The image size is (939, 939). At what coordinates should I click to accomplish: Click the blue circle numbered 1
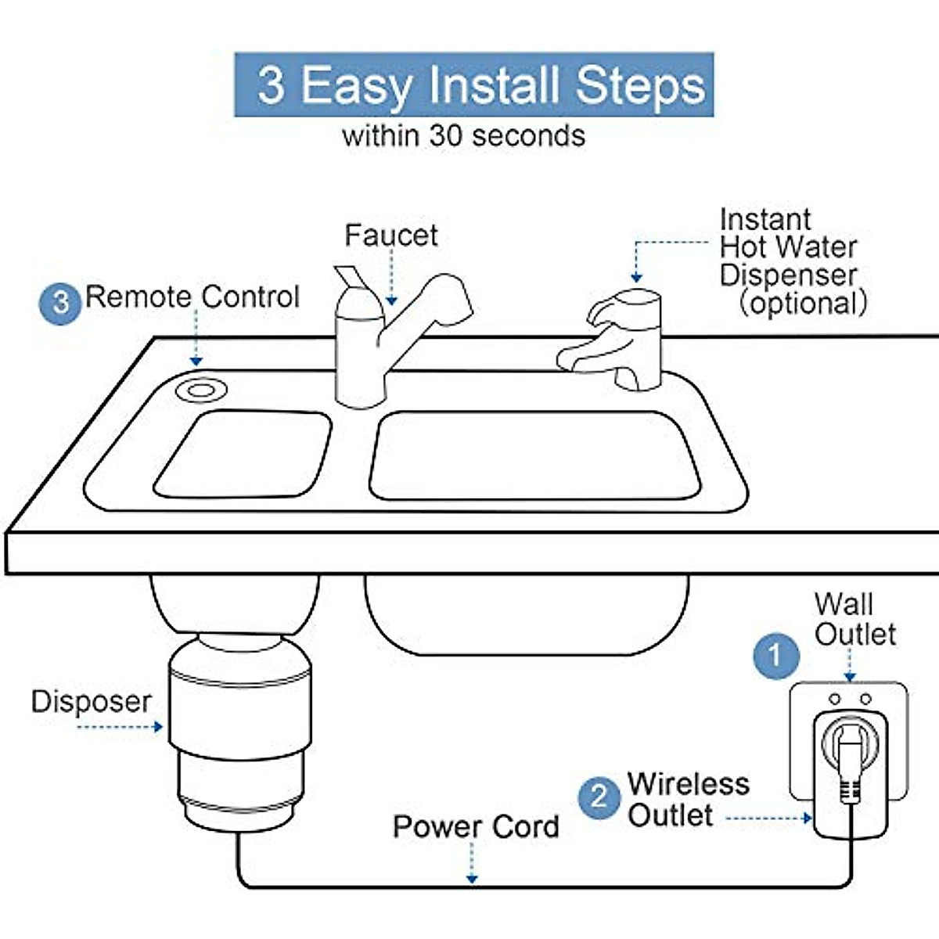775,655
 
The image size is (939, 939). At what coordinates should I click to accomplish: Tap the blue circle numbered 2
599,797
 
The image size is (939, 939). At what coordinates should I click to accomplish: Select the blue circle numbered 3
60,303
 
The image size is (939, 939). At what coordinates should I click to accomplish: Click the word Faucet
390,236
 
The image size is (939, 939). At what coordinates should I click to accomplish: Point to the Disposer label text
91,701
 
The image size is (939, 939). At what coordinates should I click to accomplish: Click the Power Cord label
476,827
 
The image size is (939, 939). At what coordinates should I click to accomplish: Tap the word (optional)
803,303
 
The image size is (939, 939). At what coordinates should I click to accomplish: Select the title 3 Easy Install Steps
474,85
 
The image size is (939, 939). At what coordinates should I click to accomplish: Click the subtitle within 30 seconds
463,135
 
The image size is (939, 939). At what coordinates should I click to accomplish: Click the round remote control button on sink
201,390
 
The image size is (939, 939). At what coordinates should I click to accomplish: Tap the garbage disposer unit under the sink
239,728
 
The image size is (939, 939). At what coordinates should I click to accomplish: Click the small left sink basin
243,454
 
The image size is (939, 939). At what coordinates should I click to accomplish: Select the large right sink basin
534,455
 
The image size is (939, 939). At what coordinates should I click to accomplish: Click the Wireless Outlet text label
687,799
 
